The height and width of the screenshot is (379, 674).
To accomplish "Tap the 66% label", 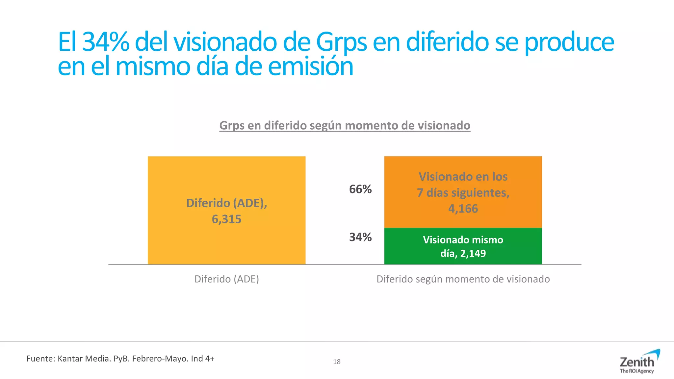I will click(360, 189).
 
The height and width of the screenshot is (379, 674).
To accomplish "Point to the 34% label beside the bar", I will click(360, 237).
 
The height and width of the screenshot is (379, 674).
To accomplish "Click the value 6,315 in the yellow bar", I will click(226, 219).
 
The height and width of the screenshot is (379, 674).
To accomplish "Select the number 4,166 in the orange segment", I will click(463, 209).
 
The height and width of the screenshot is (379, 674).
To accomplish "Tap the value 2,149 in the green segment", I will click(473, 253).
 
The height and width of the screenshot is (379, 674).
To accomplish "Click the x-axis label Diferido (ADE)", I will click(226, 279).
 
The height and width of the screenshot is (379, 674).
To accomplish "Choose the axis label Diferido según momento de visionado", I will click(463, 279).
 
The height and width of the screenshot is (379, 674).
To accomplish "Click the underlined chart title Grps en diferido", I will click(345, 125).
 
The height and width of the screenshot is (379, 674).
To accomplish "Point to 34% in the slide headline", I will click(105, 42).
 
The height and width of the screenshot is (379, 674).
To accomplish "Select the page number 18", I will click(337, 362).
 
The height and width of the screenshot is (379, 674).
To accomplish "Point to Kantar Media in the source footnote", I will click(84, 359).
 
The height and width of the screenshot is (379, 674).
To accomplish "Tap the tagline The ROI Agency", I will click(637, 371).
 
